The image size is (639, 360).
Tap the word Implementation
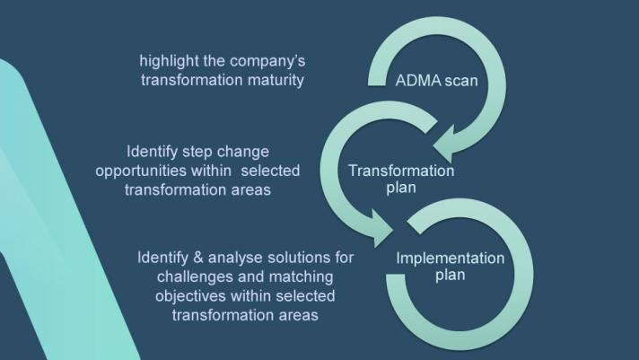click(451, 259)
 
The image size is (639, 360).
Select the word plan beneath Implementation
click(451, 275)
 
